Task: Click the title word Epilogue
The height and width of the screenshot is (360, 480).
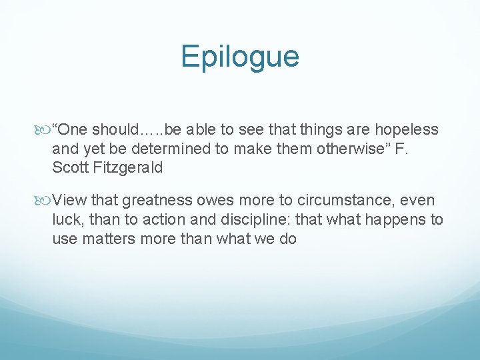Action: point(239,57)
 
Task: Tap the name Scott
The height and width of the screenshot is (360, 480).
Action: point(70,167)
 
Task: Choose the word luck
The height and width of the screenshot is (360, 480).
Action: point(66,220)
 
